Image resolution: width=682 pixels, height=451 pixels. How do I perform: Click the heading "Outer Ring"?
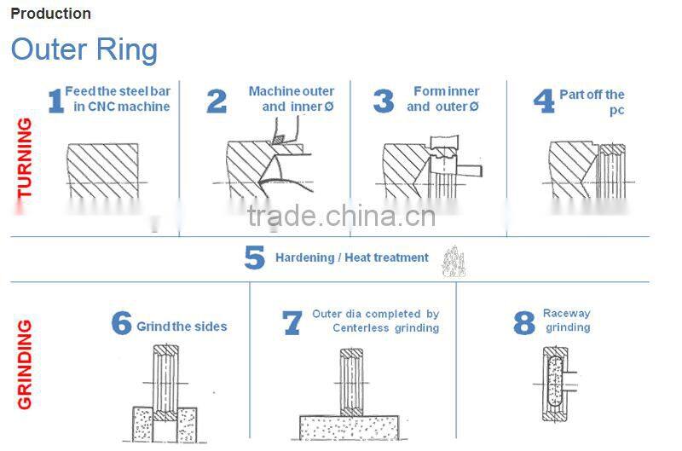tap(84, 50)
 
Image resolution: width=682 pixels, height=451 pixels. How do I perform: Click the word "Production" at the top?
tap(50, 14)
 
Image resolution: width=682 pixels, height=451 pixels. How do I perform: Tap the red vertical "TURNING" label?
tap(25, 158)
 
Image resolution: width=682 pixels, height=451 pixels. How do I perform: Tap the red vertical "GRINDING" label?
tap(25, 364)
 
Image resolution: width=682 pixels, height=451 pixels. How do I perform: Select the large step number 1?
tap(55, 101)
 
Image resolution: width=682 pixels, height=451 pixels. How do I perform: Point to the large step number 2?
tap(217, 101)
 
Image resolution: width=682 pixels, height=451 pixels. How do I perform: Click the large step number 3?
tap(383, 101)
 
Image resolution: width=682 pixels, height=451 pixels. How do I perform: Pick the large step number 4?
tap(544, 101)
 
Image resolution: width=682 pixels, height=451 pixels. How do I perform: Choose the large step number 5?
tap(254, 257)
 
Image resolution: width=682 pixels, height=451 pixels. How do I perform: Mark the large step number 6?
tap(121, 323)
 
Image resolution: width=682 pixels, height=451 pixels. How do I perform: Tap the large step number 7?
tap(292, 323)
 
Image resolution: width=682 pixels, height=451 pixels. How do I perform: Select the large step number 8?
tap(524, 323)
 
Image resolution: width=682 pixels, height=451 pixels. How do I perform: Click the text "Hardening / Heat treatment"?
tap(352, 257)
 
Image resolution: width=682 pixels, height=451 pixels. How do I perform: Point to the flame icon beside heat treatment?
tap(454, 262)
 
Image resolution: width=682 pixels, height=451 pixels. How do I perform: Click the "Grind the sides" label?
tap(182, 327)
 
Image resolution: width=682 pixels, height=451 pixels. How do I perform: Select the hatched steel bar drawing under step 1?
tap(102, 171)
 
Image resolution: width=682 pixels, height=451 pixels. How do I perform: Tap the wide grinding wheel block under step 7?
tap(349, 427)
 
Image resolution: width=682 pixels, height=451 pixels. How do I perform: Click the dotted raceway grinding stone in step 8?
tap(555, 381)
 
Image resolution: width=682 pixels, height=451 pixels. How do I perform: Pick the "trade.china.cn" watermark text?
tap(342, 217)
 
